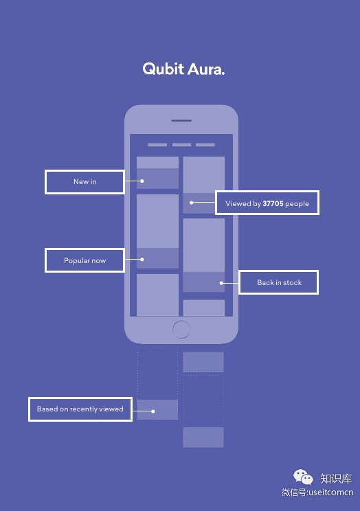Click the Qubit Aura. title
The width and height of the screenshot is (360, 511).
point(183,69)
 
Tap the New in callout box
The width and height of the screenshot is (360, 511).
point(85,182)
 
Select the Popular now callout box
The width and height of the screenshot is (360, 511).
point(85,260)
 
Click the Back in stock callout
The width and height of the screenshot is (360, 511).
point(279,282)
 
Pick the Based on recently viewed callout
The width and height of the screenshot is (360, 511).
point(80,409)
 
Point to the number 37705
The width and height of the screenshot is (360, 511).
point(273,204)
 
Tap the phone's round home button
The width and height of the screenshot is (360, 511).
point(181,330)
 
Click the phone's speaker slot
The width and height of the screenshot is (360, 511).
point(181,121)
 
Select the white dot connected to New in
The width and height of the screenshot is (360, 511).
point(142,181)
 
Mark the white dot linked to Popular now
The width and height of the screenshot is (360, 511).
point(142,260)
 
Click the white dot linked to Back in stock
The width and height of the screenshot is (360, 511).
point(221,283)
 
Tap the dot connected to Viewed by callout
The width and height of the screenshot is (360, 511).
point(192,203)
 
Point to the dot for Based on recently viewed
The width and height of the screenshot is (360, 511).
point(153,411)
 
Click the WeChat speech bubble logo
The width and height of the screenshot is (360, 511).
point(303,477)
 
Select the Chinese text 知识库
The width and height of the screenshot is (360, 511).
point(336,479)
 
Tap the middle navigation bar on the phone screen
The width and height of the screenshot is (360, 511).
point(181,145)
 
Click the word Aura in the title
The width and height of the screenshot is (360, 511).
point(206,69)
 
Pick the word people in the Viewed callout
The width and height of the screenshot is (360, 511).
point(297,204)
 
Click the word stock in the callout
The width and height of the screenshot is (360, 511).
point(293,282)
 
